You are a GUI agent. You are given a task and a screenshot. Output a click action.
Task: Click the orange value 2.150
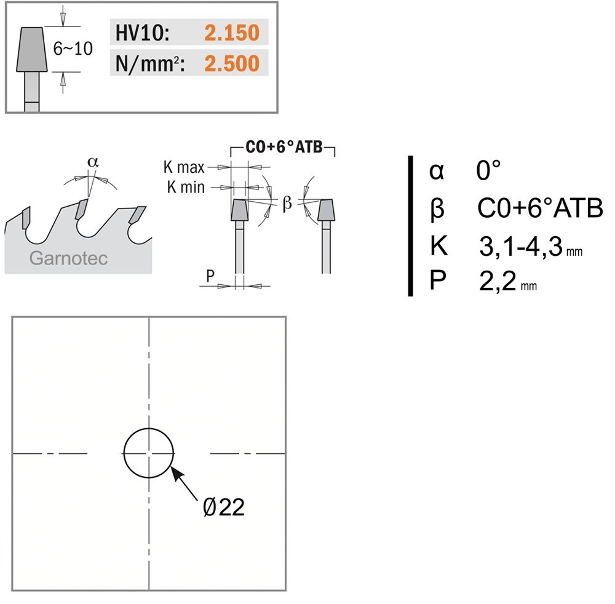tap(232, 33)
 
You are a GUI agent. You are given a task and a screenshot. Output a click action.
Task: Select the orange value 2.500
tap(232, 63)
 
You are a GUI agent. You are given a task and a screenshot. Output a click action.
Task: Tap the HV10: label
tap(143, 33)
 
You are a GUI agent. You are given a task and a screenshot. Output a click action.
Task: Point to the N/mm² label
tap(150, 63)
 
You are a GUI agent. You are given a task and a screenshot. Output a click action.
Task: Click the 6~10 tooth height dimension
tap(73, 49)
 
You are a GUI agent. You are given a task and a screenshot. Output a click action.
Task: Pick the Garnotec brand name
tap(69, 258)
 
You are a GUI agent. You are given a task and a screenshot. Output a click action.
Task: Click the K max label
tap(184, 167)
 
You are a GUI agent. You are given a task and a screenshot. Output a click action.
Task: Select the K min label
tap(186, 187)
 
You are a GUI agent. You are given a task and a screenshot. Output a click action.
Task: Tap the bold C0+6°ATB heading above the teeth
tap(284, 147)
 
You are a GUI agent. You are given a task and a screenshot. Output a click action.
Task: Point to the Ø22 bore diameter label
tap(224, 507)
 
